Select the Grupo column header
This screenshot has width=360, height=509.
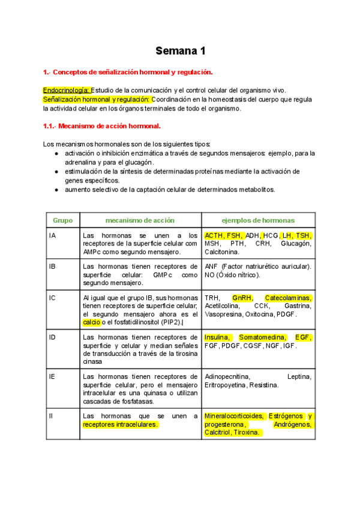pos(62,220)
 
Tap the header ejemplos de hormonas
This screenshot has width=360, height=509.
pos(258,220)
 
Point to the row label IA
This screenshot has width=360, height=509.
pos(53,235)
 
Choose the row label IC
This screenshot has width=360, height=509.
pos(53,298)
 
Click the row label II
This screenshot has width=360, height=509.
pos(52,415)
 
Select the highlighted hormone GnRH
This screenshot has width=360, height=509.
pos(242,298)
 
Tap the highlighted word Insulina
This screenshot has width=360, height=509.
pos(218,337)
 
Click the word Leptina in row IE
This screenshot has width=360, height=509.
pos(299,376)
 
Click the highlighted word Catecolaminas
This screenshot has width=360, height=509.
pos(288,298)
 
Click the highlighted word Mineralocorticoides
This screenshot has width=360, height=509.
pos(233,415)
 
